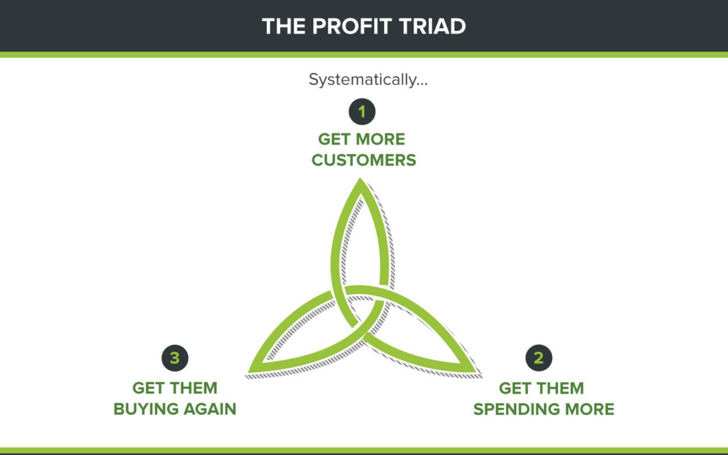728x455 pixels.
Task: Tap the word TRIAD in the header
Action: click(x=432, y=26)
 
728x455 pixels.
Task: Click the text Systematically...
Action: click(x=368, y=80)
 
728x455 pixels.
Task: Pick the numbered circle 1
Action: click(x=362, y=111)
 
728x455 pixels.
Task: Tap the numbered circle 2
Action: click(x=539, y=358)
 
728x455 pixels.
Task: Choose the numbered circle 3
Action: click(x=175, y=358)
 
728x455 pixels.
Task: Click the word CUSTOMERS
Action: click(x=363, y=160)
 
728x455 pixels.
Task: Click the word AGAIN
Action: click(x=210, y=409)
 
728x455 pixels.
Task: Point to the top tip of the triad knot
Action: click(x=360, y=178)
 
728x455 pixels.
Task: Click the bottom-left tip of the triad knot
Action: click(x=249, y=372)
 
